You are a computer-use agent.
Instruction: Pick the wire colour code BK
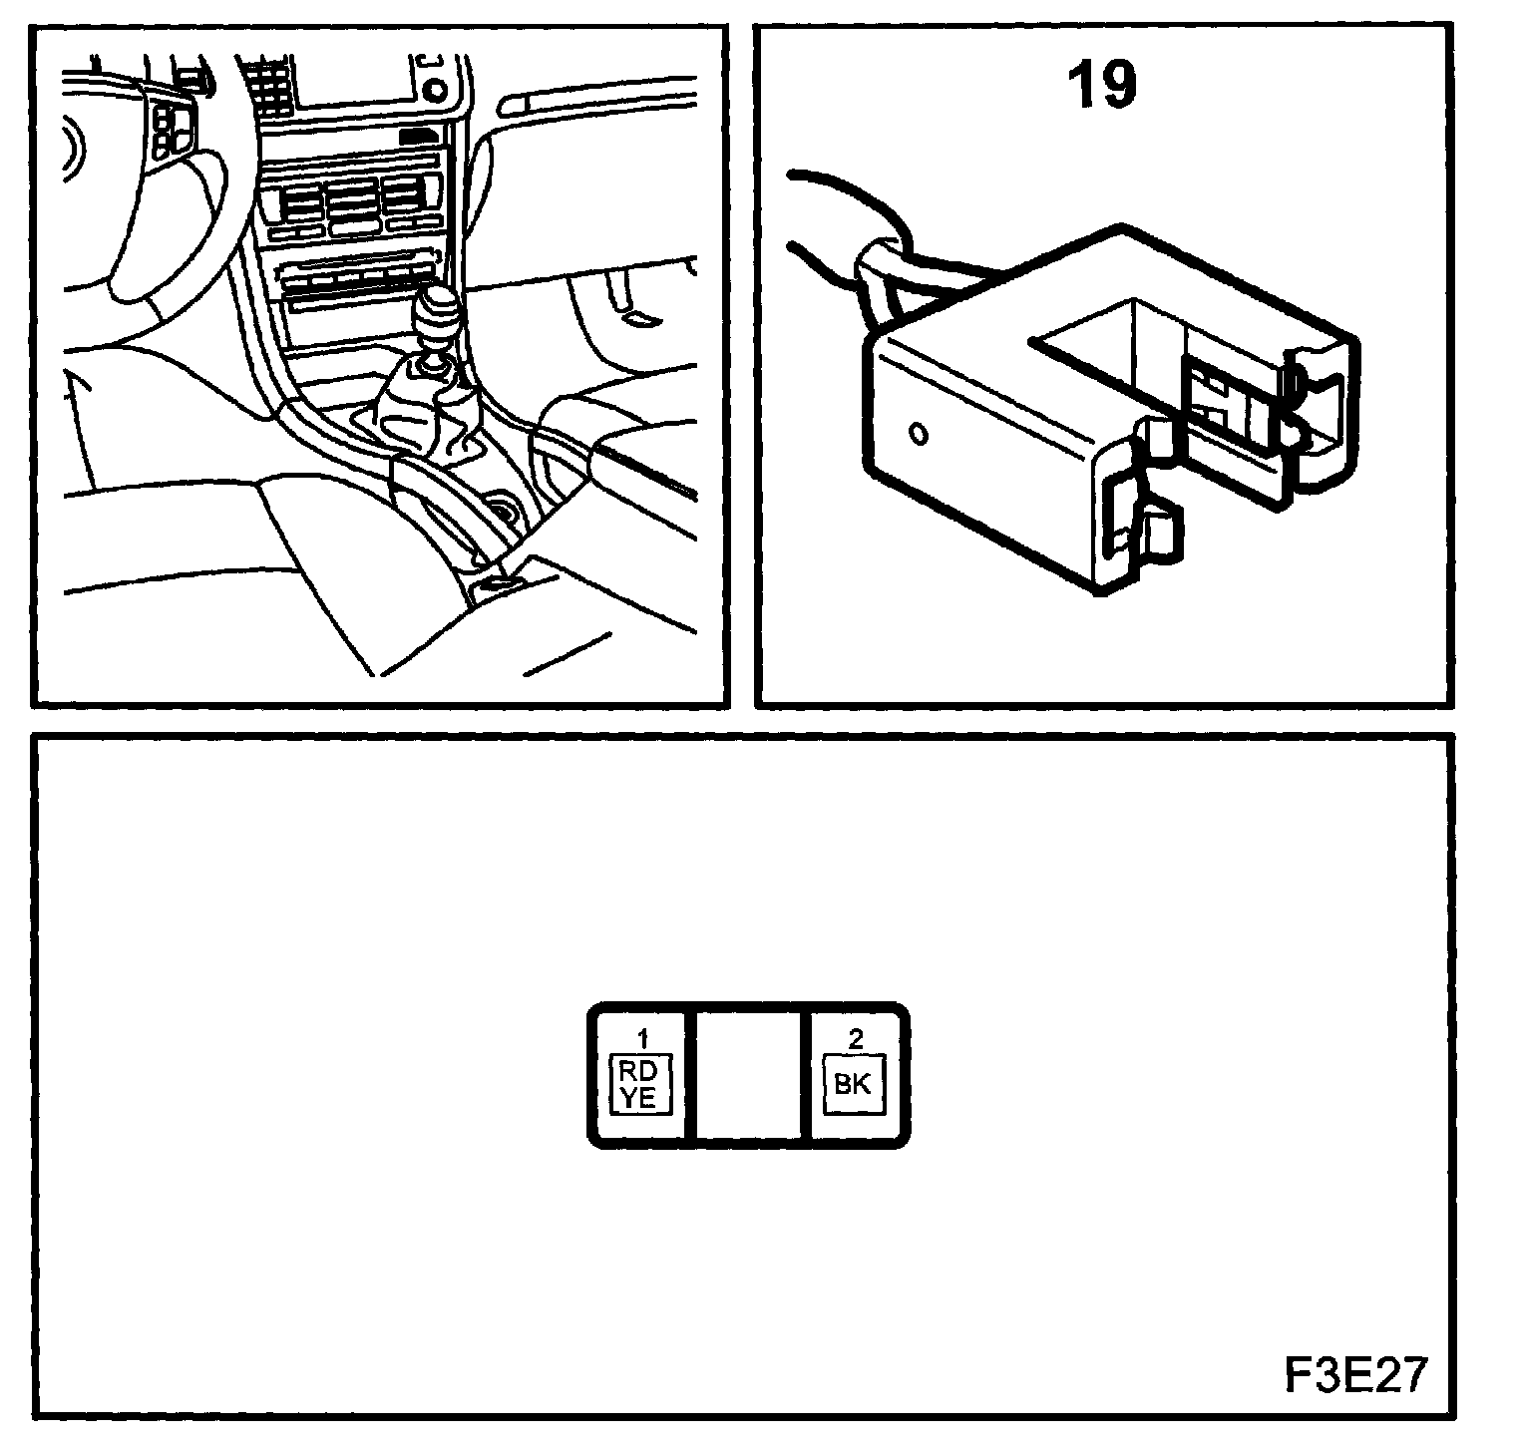(852, 1085)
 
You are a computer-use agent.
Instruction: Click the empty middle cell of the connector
(748, 1075)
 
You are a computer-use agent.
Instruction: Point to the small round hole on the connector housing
(919, 434)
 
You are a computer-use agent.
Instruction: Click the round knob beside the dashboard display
(433, 90)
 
